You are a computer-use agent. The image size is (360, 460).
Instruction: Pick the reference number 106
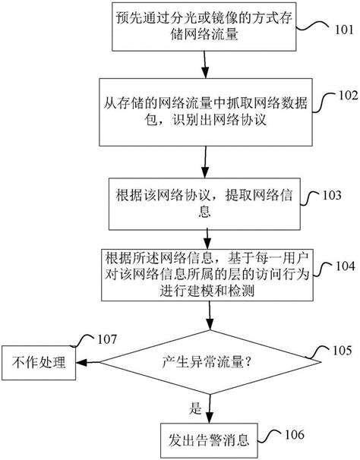292,434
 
